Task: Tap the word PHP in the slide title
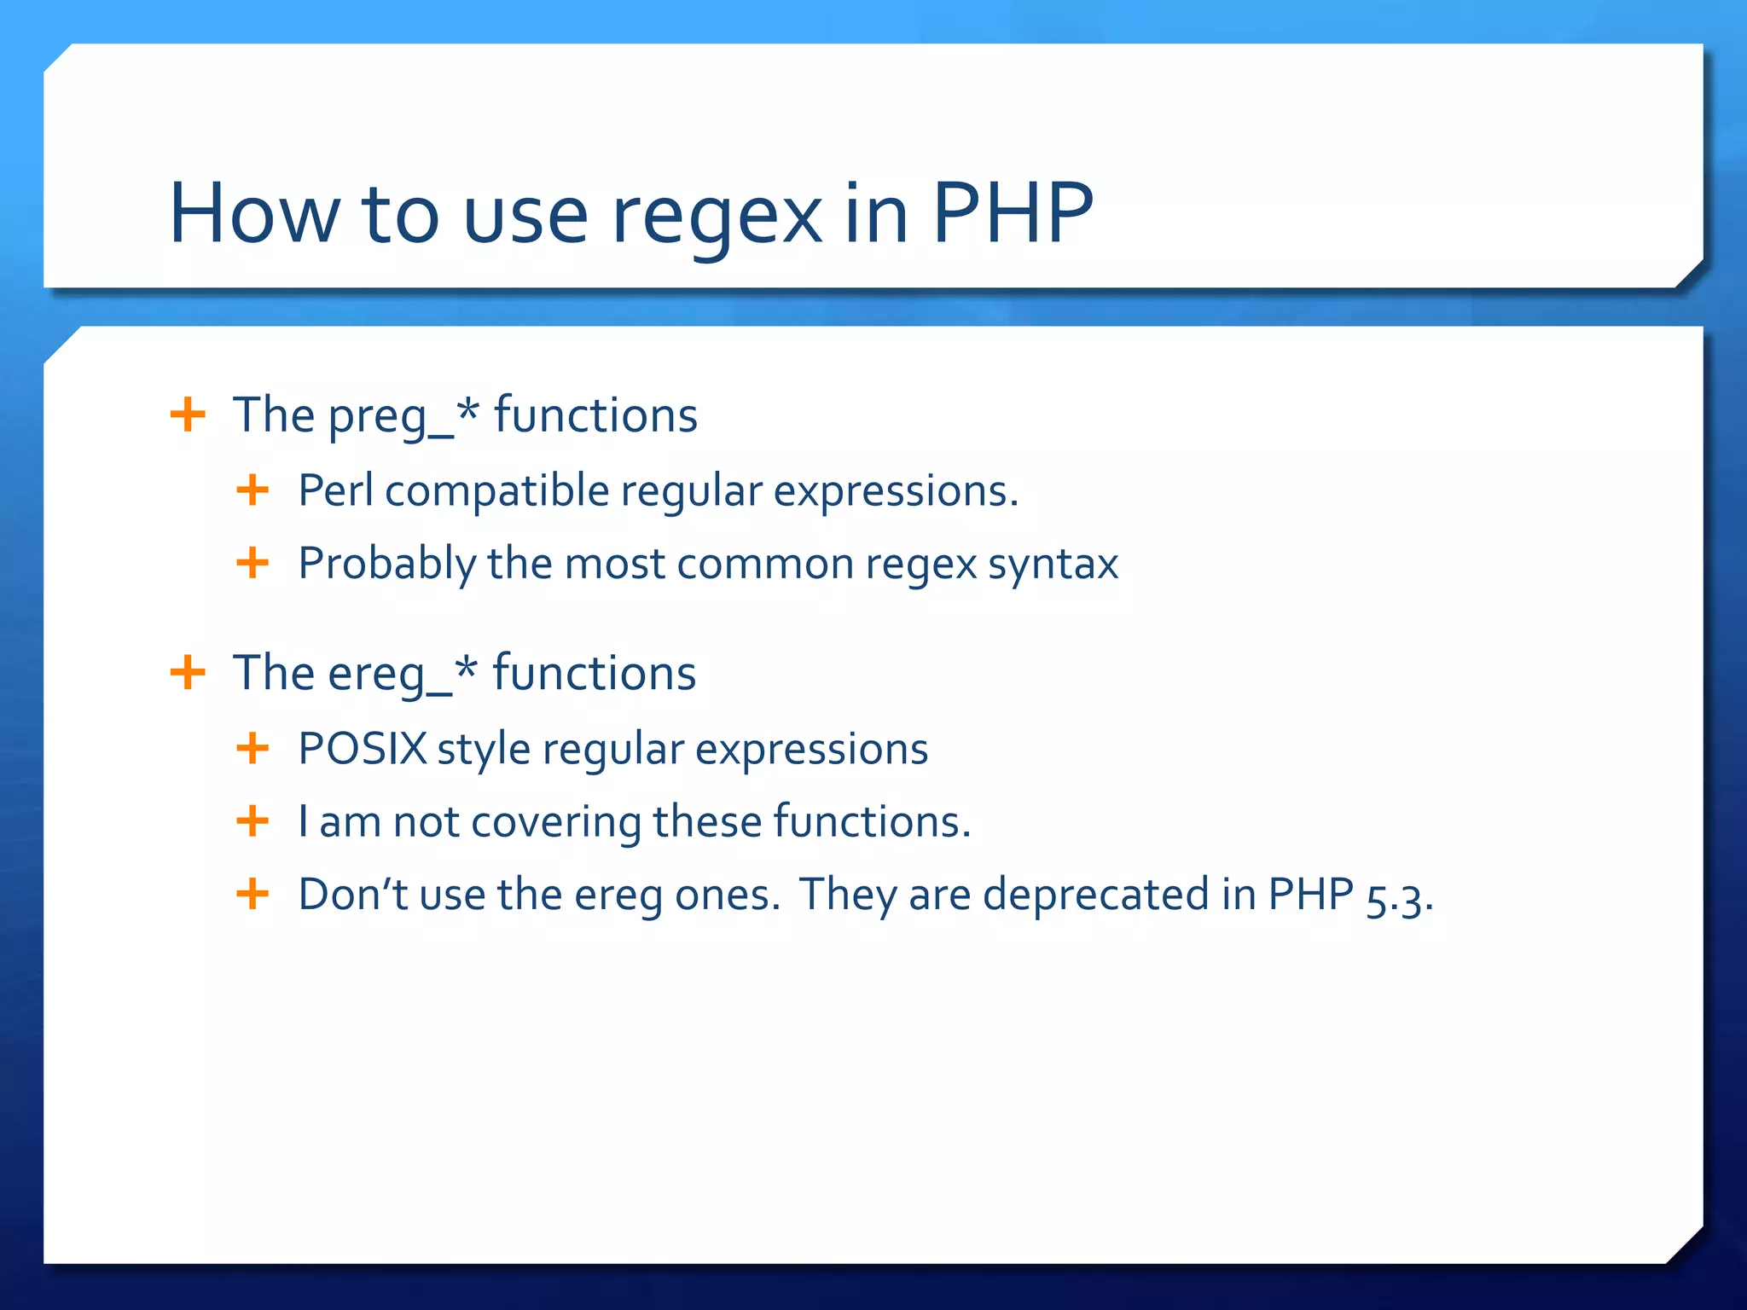pyautogui.click(x=1012, y=213)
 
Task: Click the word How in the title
pyautogui.click(x=253, y=213)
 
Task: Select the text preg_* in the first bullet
pyautogui.click(x=403, y=416)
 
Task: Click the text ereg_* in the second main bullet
pyautogui.click(x=402, y=674)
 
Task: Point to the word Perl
pyautogui.click(x=335, y=491)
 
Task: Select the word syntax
pyautogui.click(x=1053, y=565)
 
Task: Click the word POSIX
pyautogui.click(x=362, y=750)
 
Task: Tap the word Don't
pyautogui.click(x=353, y=895)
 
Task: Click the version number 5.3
pyautogui.click(x=1398, y=897)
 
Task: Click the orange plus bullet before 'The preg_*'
pyautogui.click(x=188, y=415)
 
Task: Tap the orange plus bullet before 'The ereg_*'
pyautogui.click(x=188, y=673)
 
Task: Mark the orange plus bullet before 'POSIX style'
pyautogui.click(x=252, y=749)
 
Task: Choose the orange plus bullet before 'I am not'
pyautogui.click(x=252, y=821)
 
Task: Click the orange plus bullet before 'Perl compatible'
pyautogui.click(x=252, y=490)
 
